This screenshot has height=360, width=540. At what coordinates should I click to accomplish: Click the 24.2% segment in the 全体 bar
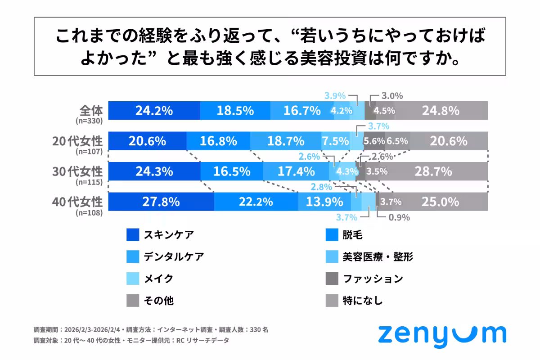tap(154, 111)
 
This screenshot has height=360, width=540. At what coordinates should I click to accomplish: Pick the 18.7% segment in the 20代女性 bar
tap(286, 141)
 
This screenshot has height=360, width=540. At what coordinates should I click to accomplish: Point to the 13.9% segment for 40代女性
tap(324, 202)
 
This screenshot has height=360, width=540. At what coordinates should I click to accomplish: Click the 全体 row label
tap(90, 110)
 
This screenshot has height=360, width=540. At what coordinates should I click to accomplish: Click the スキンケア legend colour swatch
tap(133, 235)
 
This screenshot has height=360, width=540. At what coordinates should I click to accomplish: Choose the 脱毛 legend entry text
tap(352, 235)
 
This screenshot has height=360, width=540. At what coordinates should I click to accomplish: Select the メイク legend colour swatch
tap(133, 279)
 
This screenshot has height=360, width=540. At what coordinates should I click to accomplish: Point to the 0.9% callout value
tap(400, 218)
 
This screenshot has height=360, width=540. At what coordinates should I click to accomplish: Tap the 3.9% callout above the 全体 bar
tap(335, 95)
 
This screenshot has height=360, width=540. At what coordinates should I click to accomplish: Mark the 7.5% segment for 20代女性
tap(335, 141)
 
